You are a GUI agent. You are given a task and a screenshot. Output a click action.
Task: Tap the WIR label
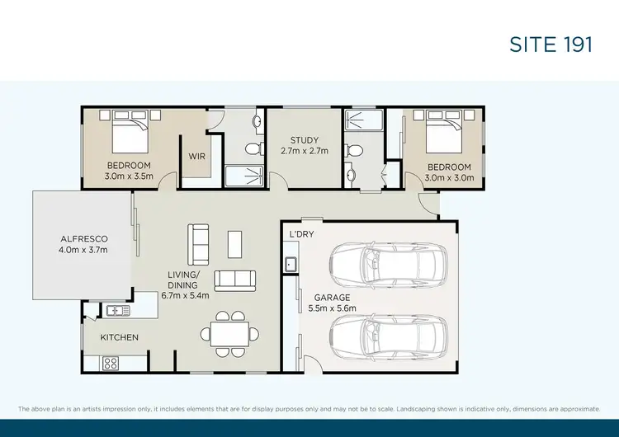(x=197, y=155)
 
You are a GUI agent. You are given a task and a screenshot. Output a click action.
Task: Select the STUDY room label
(x=305, y=140)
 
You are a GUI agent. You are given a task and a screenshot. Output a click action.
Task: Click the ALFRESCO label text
(x=84, y=239)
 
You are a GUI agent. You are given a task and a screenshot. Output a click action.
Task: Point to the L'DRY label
(x=301, y=234)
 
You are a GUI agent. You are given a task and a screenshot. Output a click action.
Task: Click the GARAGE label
(x=331, y=297)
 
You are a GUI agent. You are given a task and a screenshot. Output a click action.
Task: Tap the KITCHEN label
(x=120, y=337)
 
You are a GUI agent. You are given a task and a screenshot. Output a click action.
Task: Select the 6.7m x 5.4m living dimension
(x=186, y=295)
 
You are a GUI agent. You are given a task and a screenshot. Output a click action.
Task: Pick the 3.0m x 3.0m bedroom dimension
(x=448, y=177)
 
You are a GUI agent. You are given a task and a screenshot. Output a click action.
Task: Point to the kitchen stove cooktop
(x=110, y=362)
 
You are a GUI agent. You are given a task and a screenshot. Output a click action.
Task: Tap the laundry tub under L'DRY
(x=291, y=265)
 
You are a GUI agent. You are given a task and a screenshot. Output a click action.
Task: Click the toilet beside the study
(x=355, y=150)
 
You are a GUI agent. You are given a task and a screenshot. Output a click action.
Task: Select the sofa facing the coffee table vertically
(x=199, y=243)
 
